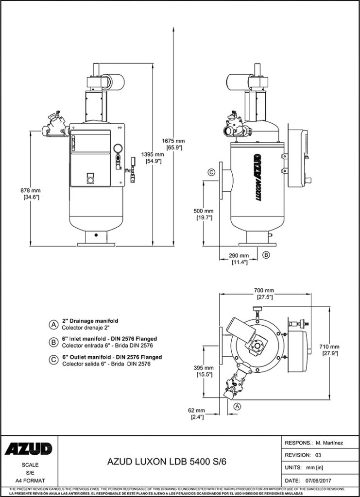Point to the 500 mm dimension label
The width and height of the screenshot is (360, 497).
click(203, 214)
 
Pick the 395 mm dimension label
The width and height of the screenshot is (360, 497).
click(203, 371)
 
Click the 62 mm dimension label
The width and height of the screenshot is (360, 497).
click(197, 414)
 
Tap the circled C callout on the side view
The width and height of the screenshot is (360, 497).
click(211, 172)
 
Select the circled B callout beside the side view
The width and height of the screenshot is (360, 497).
click(266, 254)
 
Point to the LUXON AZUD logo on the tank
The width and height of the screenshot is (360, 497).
click(258, 178)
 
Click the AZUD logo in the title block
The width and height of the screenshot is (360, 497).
click(29, 449)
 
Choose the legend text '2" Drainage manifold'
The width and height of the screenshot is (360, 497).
click(90, 321)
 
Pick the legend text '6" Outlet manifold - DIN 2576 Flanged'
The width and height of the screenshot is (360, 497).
click(112, 357)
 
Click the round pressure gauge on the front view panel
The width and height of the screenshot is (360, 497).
click(117, 149)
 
